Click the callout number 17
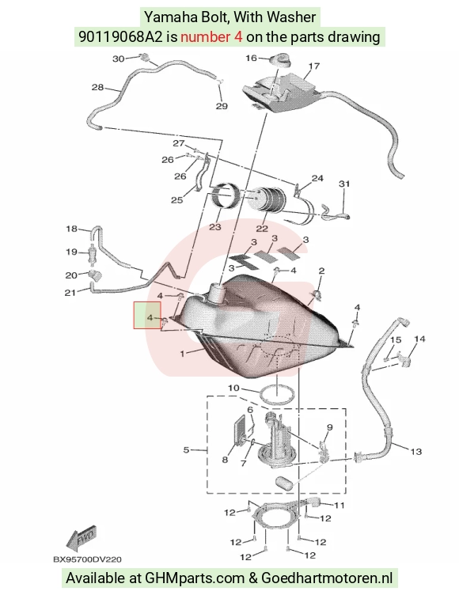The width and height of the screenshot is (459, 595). (313, 66)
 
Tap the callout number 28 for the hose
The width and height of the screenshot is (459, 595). (97, 87)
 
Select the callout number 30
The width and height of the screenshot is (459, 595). (119, 59)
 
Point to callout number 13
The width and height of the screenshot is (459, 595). (416, 452)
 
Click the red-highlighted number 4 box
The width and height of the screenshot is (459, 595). (147, 315)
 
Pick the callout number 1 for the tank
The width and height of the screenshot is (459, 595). (182, 354)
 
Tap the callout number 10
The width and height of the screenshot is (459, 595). (234, 388)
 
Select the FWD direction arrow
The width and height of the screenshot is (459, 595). (82, 536)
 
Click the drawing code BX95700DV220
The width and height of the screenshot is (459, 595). (87, 559)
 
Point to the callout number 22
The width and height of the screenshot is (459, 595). (262, 229)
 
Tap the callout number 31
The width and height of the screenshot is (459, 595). (344, 184)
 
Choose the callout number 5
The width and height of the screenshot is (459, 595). (186, 450)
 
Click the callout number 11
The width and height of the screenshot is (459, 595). (339, 505)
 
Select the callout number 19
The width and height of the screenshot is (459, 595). (71, 252)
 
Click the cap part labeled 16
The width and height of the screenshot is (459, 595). (280, 60)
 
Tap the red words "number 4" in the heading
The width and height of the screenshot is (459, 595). (211, 37)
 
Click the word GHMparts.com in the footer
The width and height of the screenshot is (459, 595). (195, 578)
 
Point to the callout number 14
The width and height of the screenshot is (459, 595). (419, 339)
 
